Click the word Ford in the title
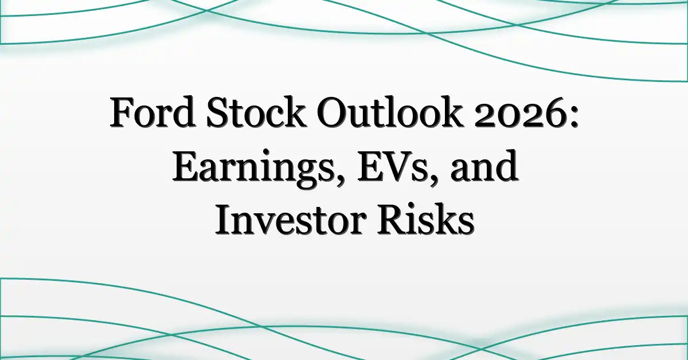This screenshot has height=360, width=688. (153, 112)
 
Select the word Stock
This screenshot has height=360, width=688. (257, 112)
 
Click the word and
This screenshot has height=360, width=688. (484, 166)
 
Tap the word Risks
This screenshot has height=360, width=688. (425, 220)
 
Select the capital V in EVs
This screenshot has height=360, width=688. (396, 166)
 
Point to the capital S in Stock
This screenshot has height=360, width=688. (218, 112)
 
